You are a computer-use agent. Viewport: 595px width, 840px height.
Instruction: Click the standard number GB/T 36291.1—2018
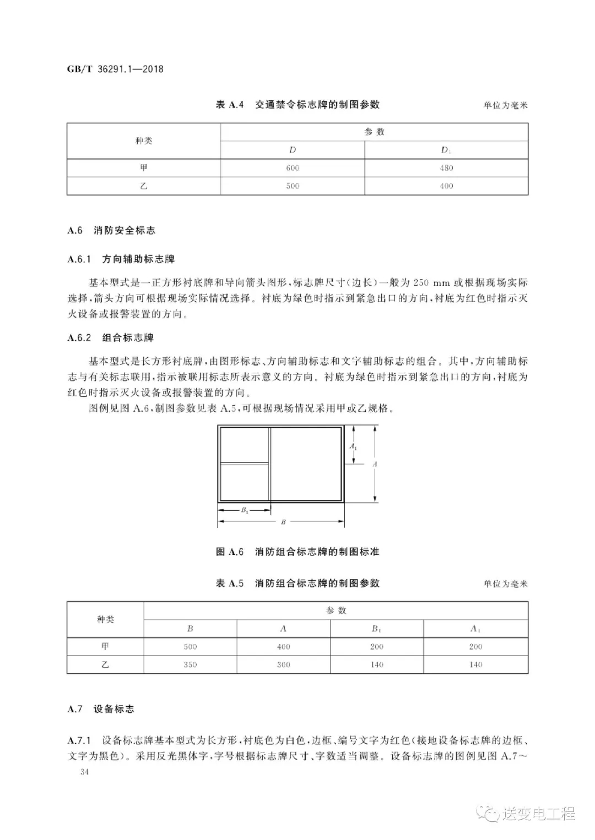pyautogui.click(x=115, y=69)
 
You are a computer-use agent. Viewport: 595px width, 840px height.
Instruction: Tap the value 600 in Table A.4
pyautogui.click(x=293, y=168)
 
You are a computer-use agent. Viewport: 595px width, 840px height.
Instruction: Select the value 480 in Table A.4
pyautogui.click(x=446, y=168)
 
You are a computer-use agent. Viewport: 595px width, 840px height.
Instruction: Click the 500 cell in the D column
pyautogui.click(x=293, y=186)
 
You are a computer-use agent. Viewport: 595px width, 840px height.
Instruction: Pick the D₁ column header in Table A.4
pyautogui.click(x=446, y=150)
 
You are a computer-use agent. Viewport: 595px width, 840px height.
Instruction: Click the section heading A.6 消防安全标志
pyautogui.click(x=111, y=231)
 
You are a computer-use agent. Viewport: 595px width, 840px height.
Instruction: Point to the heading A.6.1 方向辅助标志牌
pyautogui.click(x=121, y=259)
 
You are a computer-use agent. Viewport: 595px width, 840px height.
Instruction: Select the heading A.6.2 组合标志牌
pyautogui.click(x=111, y=338)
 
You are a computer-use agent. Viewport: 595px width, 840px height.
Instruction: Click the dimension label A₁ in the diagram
pyautogui.click(x=353, y=446)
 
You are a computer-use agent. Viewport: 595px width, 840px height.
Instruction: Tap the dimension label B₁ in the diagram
pyautogui.click(x=245, y=510)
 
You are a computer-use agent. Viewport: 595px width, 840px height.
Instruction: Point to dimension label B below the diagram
pyautogui.click(x=283, y=522)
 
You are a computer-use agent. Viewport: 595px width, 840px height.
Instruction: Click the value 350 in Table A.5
pyautogui.click(x=190, y=665)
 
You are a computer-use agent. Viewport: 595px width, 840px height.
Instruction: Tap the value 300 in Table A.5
pyautogui.click(x=283, y=665)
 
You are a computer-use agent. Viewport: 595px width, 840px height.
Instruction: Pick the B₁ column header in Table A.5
pyautogui.click(x=377, y=629)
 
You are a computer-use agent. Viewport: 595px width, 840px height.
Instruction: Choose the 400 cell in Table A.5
pyautogui.click(x=283, y=647)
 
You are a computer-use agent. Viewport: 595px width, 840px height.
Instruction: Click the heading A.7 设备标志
pyautogui.click(x=101, y=709)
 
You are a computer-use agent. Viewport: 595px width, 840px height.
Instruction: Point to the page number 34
pyautogui.click(x=84, y=772)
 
